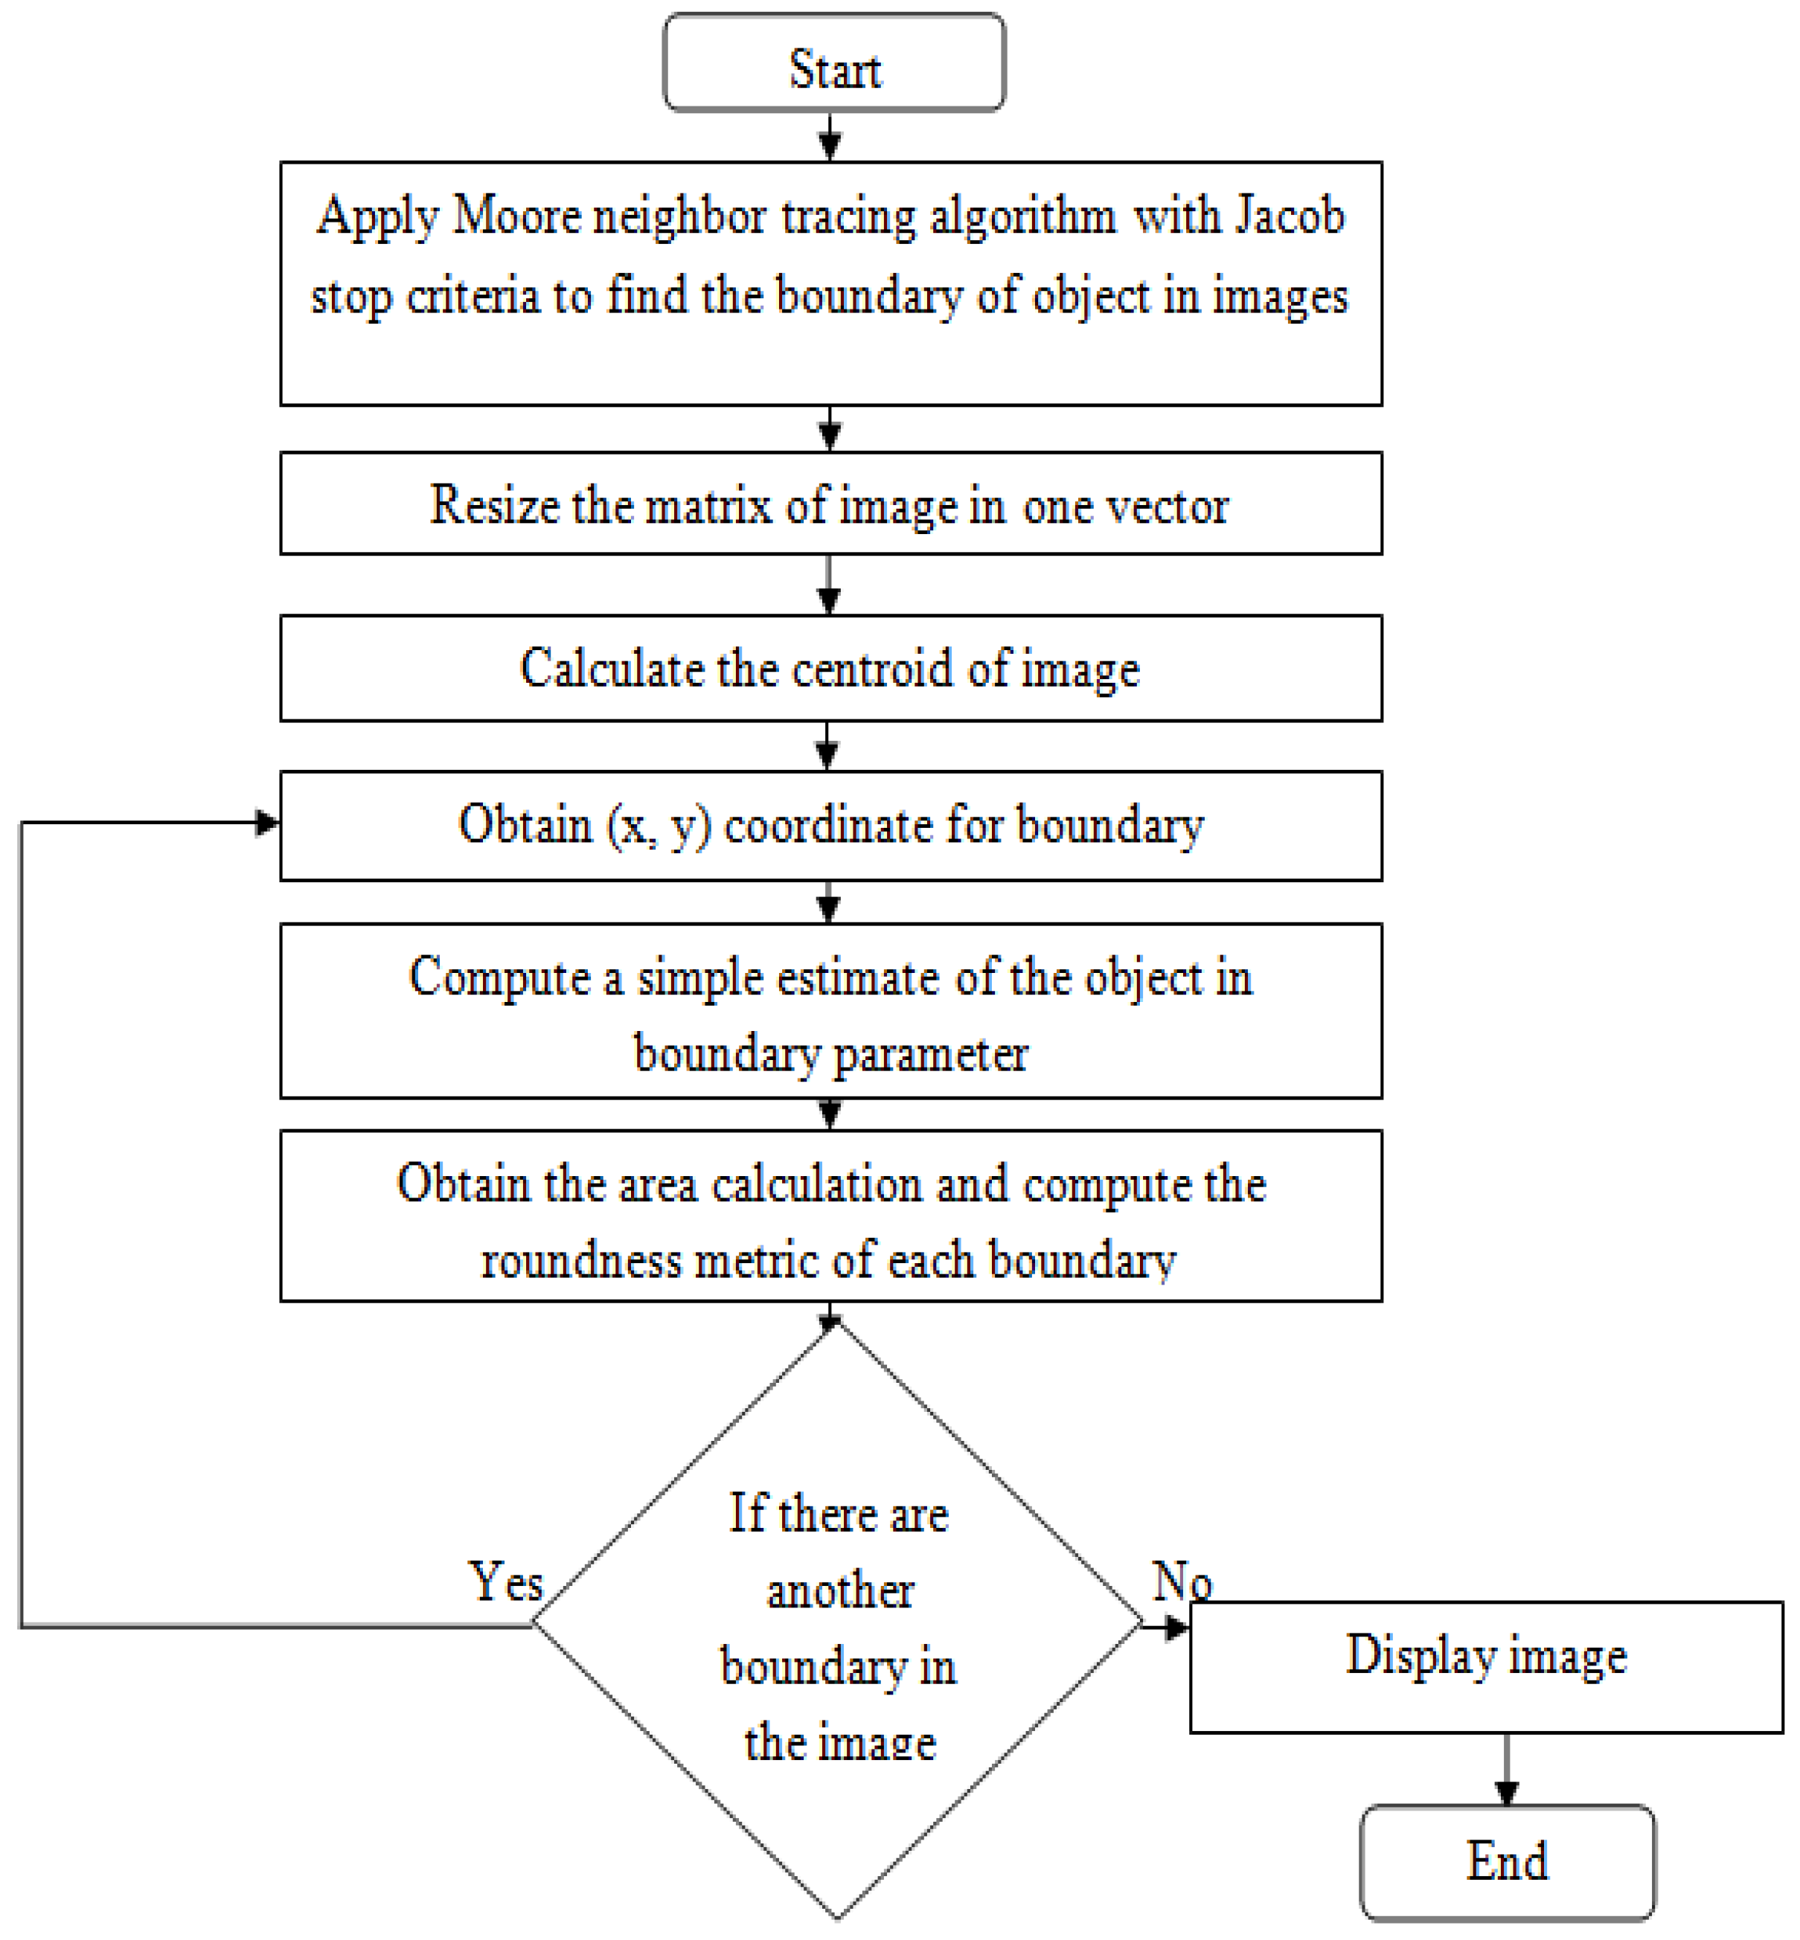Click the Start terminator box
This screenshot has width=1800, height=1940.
tap(833, 62)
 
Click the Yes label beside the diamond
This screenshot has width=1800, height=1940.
tap(505, 1581)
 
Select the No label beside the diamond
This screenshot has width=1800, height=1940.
tap(1182, 1580)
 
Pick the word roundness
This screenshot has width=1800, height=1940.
tap(581, 1260)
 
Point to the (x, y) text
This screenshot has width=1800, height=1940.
tap(659, 826)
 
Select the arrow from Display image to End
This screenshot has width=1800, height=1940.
tap(1507, 1770)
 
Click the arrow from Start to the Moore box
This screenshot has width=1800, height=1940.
tap(830, 136)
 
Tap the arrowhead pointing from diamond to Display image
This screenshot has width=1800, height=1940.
tap(1176, 1626)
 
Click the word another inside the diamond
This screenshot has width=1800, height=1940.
tap(839, 1593)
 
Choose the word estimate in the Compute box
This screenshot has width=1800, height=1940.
tap(860, 977)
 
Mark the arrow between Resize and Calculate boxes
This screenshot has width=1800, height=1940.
tap(829, 585)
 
